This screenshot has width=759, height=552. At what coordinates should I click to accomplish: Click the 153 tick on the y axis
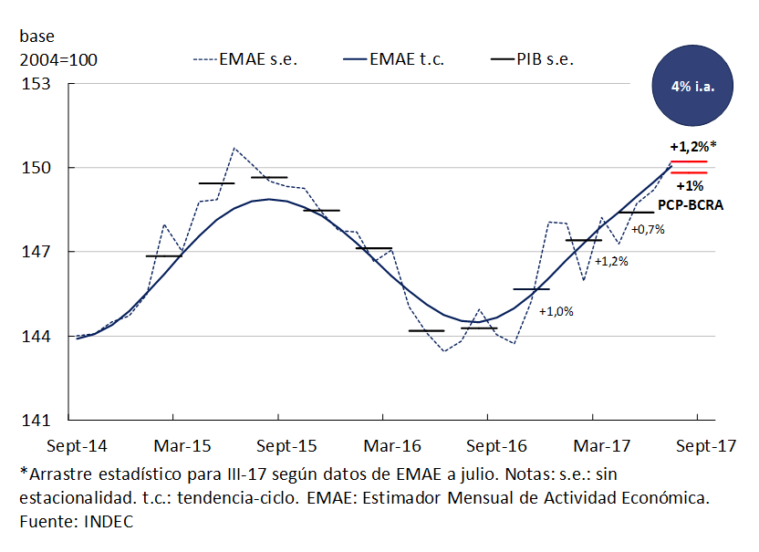coord(40,84)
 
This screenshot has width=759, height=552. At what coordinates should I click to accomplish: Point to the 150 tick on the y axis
coord(40,168)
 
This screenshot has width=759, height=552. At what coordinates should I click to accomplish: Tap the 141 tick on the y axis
coord(40,421)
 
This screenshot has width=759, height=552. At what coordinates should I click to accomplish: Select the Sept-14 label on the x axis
coord(77,446)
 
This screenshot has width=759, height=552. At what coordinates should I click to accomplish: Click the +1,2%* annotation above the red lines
coord(692,146)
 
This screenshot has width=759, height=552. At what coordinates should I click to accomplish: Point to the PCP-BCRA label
coord(691,205)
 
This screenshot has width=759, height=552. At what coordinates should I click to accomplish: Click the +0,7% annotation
coord(648,229)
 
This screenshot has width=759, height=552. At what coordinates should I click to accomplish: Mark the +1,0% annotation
coord(556,311)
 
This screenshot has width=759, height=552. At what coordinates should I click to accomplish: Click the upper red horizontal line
coord(689,161)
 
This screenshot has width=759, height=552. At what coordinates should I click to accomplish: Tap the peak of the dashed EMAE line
coord(234,148)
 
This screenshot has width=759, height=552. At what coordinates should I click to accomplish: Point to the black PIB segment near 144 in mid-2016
coord(426,330)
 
